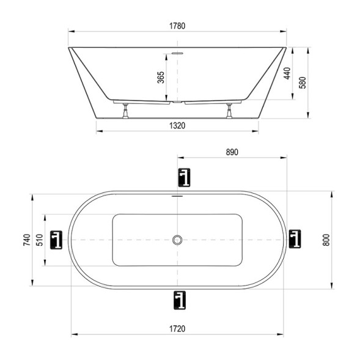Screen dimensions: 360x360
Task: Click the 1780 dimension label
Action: click(x=177, y=26)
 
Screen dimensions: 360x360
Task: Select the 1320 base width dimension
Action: click(x=177, y=125)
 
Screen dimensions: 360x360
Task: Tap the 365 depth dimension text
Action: click(x=161, y=78)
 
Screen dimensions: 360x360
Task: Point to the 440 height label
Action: click(x=287, y=73)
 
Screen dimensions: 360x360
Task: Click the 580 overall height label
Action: click(x=303, y=83)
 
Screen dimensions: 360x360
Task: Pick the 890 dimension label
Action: click(x=232, y=152)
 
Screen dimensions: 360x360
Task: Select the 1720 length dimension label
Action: click(x=177, y=329)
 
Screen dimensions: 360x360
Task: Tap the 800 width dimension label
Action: click(x=326, y=240)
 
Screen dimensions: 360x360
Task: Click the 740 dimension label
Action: click(x=27, y=240)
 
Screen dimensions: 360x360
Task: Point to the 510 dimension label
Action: click(x=40, y=240)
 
